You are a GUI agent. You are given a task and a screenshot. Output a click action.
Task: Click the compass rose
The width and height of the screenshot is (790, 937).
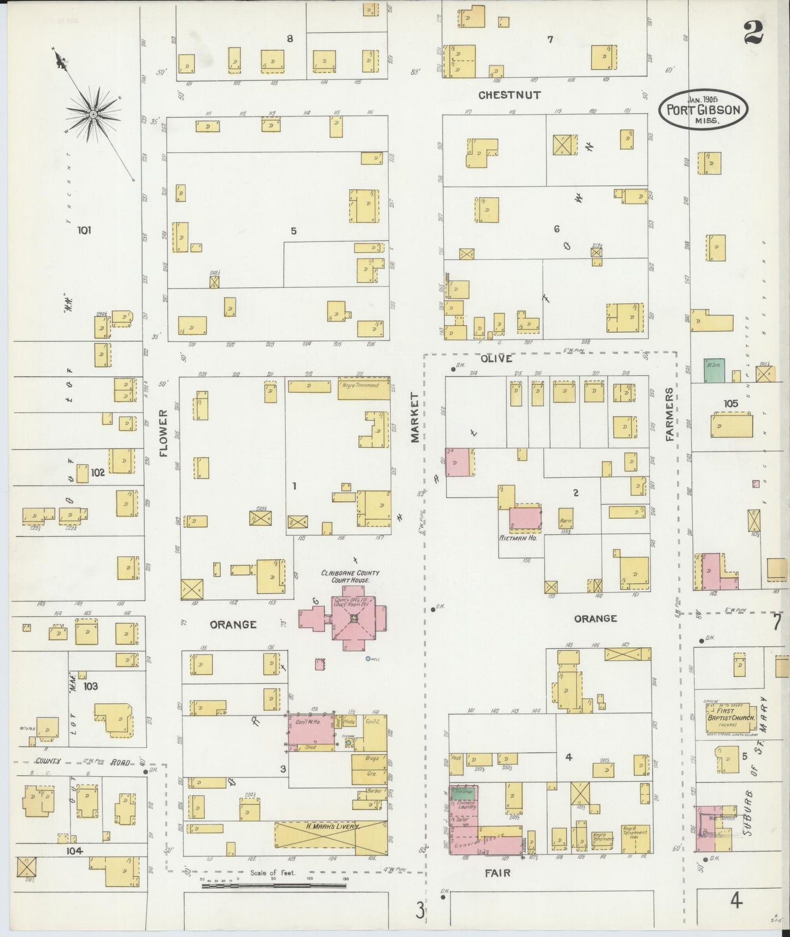pos(93,113)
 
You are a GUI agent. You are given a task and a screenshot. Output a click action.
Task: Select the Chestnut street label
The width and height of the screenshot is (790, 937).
pos(509,95)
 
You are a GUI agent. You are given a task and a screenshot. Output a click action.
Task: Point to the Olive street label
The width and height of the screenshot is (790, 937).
pos(496,359)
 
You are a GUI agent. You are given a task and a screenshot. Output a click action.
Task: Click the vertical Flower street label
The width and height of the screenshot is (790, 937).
pos(163,434)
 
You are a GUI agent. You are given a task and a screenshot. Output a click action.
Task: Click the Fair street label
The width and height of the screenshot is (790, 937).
pos(498,873)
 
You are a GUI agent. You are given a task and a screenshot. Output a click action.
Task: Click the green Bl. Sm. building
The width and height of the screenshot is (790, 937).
pos(713,371)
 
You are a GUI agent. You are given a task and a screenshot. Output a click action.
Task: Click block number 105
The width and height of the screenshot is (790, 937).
pos(730,403)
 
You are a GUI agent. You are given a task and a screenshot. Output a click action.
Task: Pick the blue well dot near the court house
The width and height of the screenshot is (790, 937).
pos(368,659)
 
